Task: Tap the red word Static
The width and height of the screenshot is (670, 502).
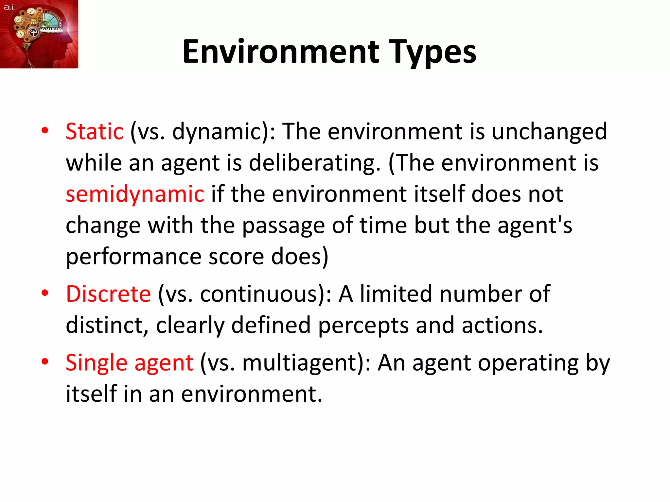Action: point(95,131)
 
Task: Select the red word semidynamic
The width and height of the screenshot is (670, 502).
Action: point(135,194)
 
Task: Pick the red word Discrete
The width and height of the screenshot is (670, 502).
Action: point(108,294)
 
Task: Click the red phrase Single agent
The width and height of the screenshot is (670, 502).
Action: point(129,363)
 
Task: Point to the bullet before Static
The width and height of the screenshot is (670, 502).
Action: point(45,131)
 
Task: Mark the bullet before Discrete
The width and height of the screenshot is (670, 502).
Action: point(45,293)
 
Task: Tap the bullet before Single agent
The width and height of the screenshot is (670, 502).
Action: point(45,362)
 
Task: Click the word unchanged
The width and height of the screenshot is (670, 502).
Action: point(549,131)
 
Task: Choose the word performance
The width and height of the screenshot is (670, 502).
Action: point(133,257)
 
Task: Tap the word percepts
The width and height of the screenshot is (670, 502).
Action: point(363,326)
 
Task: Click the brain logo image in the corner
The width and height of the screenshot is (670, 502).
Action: point(39,34)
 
